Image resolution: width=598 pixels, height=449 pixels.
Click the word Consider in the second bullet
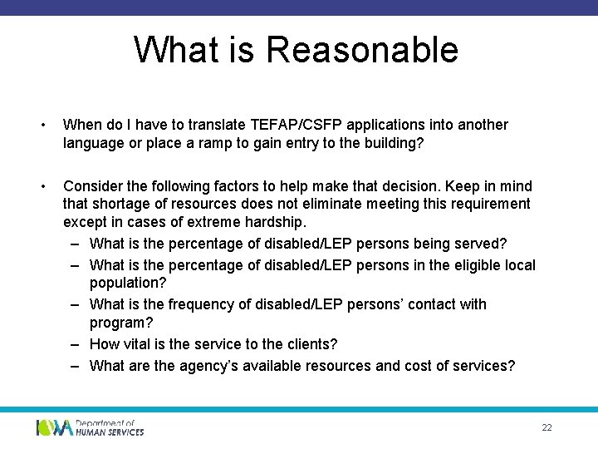point(92,185)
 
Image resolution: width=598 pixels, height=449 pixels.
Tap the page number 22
point(547,427)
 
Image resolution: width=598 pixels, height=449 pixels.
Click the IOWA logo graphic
point(54,427)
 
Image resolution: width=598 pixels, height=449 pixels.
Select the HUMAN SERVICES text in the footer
point(110,432)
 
